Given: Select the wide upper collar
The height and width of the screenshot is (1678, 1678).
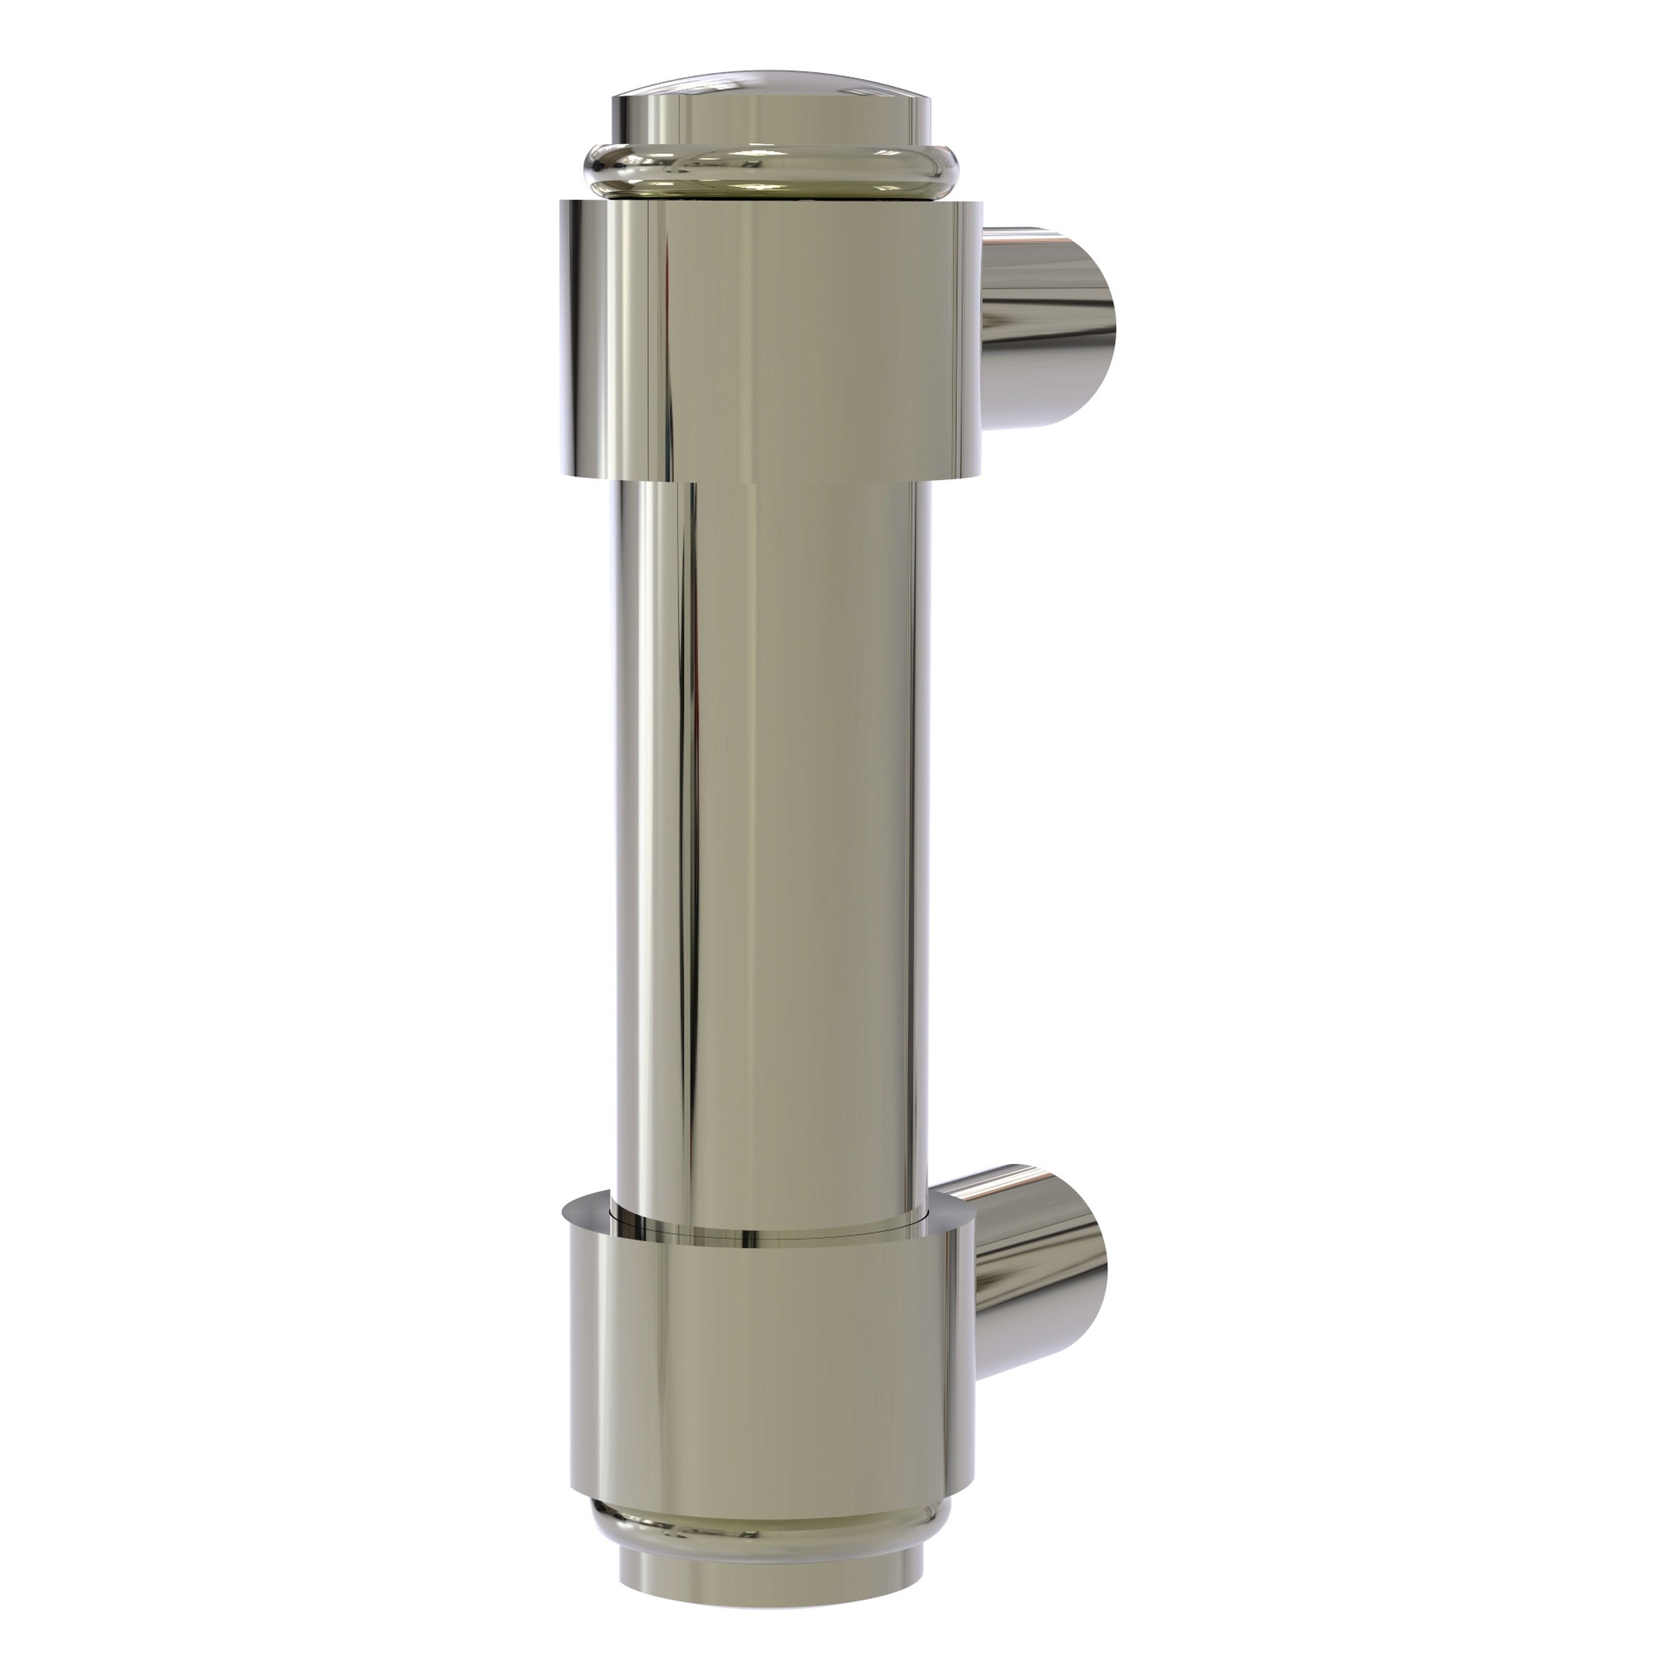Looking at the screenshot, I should [x=773, y=339].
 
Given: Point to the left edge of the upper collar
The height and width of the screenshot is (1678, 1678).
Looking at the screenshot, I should [x=563, y=339].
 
